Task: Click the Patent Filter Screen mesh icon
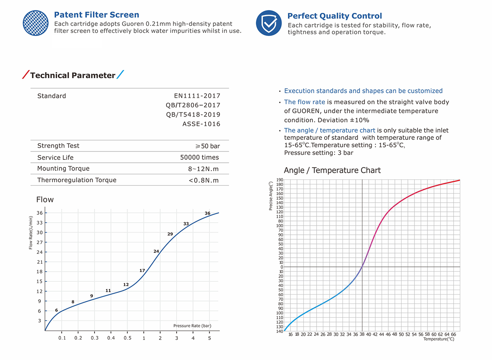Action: (x=36, y=23)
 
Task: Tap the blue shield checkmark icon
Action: (x=269, y=23)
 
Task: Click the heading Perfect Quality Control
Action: (x=334, y=16)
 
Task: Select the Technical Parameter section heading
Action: (x=72, y=75)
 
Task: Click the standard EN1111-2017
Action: (x=197, y=96)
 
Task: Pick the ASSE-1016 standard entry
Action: (x=201, y=124)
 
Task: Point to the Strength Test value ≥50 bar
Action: (x=207, y=146)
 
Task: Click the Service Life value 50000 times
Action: (x=199, y=157)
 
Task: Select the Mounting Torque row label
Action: (x=63, y=169)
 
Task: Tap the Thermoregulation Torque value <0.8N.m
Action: (x=203, y=180)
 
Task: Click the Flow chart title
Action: (x=45, y=200)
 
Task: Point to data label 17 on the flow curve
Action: (x=142, y=271)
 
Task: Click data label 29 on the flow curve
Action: (x=170, y=234)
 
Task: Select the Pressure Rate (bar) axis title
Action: (x=192, y=326)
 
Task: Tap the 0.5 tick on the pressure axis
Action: (x=127, y=338)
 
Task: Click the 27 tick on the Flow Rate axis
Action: (x=40, y=242)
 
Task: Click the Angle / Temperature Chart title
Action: (x=332, y=170)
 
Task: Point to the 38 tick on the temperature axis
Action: (x=362, y=334)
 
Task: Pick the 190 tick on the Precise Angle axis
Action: (x=280, y=180)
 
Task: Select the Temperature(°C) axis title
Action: (x=439, y=339)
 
